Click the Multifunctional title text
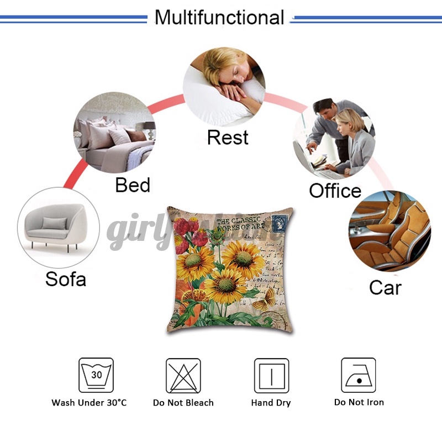click(219, 17)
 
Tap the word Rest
click(228, 138)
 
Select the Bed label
click(133, 185)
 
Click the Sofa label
click(66, 278)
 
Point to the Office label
click(335, 191)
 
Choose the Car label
click(385, 288)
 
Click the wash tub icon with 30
click(96, 375)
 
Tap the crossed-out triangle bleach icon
click(183, 375)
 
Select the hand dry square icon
click(271, 375)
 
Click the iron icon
click(358, 375)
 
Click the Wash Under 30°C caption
click(89, 403)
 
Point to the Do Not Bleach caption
click(183, 403)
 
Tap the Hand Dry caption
click(271, 403)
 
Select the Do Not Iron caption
click(359, 402)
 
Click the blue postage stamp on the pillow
click(281, 223)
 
